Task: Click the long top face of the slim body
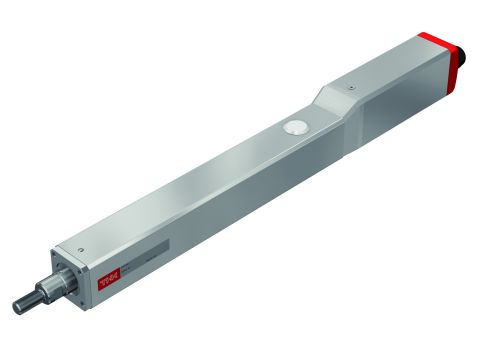[x=200, y=180]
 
